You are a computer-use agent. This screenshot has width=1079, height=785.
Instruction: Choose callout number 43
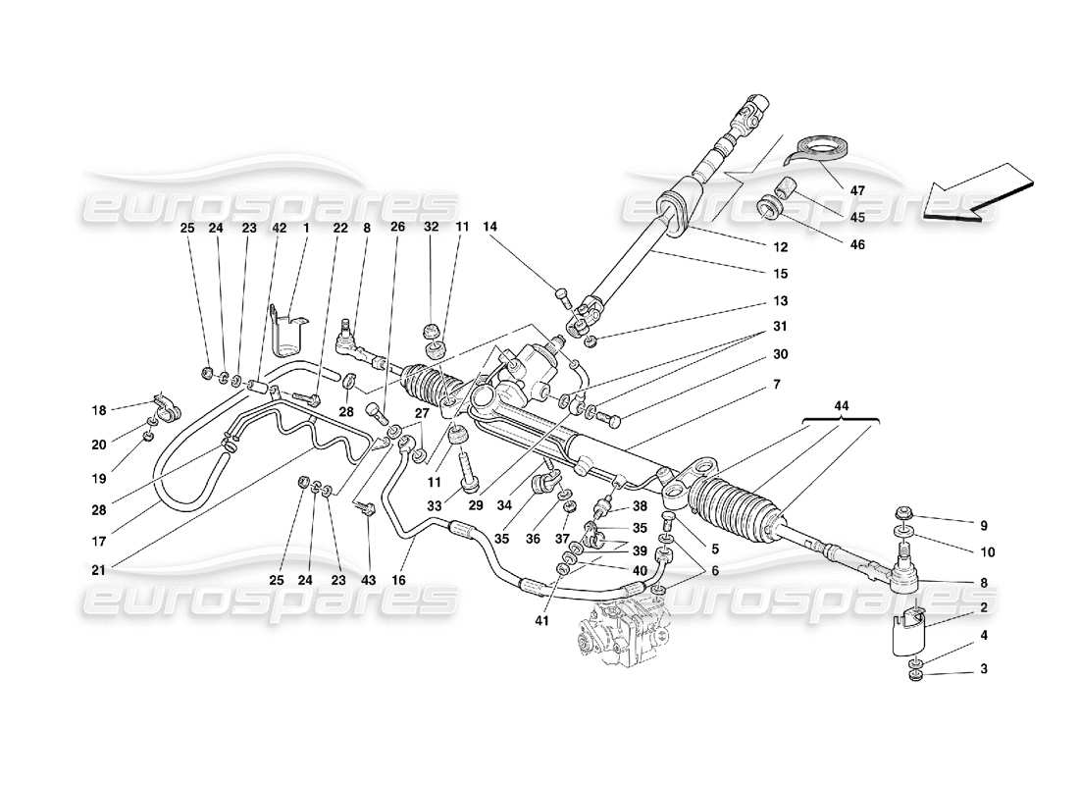tap(369, 581)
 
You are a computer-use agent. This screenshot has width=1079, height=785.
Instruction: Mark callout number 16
tap(399, 581)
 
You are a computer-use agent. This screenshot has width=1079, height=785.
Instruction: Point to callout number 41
tap(540, 620)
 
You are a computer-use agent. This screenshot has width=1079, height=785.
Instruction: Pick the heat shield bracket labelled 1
tap(286, 334)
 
